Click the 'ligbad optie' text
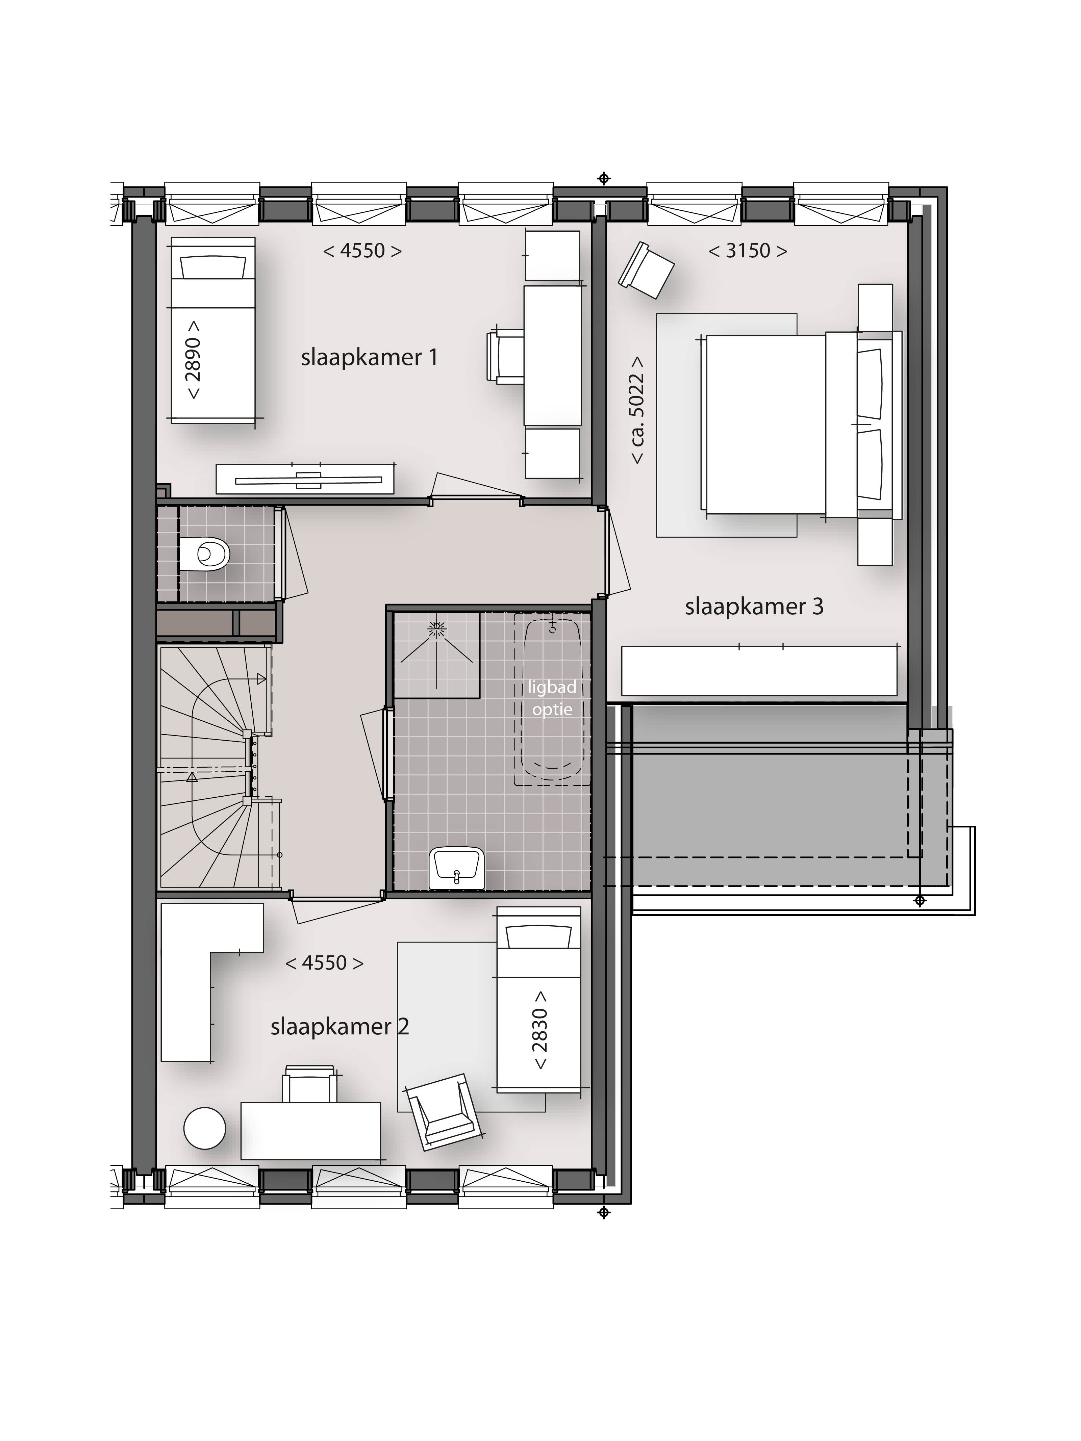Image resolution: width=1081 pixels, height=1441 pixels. (552, 698)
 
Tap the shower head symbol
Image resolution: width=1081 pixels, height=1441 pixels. (435, 629)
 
